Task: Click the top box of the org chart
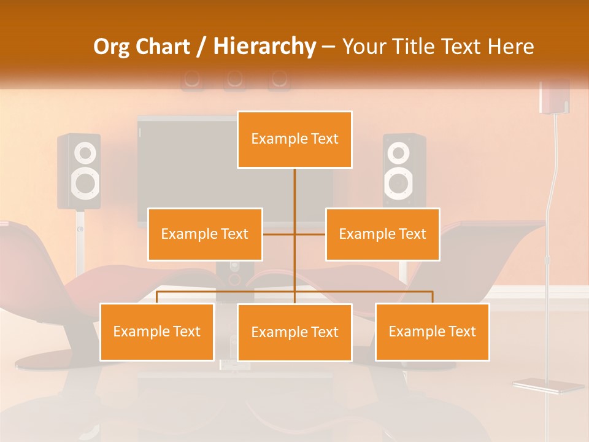(x=294, y=139)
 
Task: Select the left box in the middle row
(x=205, y=234)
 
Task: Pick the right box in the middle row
(x=382, y=234)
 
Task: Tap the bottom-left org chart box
(x=157, y=331)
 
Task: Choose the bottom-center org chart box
(x=294, y=332)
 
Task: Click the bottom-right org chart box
(x=432, y=331)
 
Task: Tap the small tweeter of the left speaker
(x=85, y=152)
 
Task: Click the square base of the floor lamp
(x=548, y=386)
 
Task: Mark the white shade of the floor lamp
(x=554, y=97)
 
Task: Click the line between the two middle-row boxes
(x=294, y=234)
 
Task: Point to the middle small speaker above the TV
(x=234, y=79)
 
